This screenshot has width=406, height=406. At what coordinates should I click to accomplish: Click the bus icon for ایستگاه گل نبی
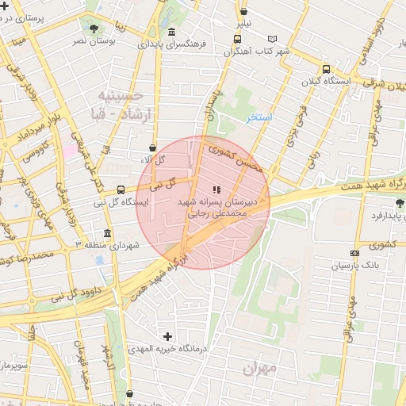pos(121,190)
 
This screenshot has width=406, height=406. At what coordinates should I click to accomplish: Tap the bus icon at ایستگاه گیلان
pos(326,68)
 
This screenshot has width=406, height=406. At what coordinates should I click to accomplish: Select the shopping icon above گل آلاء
pos(151,147)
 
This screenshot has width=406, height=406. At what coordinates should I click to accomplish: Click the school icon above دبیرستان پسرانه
pos(217,189)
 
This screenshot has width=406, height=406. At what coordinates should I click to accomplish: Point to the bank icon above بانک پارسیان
pos(354,254)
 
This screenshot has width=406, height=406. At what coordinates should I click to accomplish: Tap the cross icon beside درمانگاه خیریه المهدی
pos(167,336)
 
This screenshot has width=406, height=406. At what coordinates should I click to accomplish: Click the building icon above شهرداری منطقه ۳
pos(107,234)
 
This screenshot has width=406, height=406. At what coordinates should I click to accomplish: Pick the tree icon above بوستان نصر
pos(94,28)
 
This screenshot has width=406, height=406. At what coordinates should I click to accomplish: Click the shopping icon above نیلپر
pos(243,12)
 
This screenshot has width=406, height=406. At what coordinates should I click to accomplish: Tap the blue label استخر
pos(259,117)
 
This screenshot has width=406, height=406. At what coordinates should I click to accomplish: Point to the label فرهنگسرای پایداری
pos(172,44)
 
